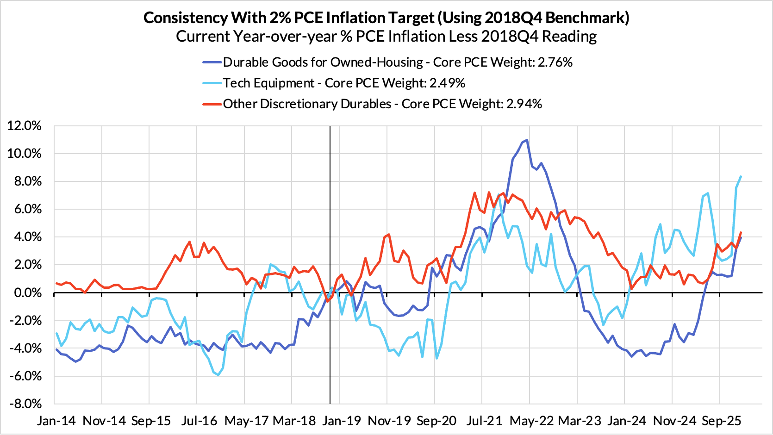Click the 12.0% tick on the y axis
(24, 126)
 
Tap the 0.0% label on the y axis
(27, 292)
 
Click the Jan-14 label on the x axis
(56, 421)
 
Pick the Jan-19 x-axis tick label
(342, 421)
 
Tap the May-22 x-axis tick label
(531, 421)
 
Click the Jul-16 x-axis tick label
(199, 421)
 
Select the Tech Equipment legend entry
(268, 83)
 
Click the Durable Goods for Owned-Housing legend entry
(323, 62)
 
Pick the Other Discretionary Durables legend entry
(307, 104)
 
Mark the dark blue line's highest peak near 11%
(527, 140)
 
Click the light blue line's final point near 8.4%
(741, 176)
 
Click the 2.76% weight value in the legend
(555, 62)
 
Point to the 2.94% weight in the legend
(524, 104)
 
